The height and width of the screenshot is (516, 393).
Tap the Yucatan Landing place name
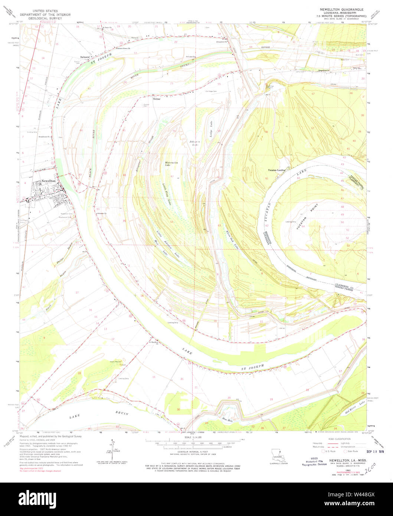pyautogui.click(x=277, y=170)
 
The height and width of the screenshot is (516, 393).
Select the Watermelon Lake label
pyautogui.click(x=171, y=163)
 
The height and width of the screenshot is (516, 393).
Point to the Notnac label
pyautogui.click(x=156, y=99)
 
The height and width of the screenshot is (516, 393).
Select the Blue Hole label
pyautogui.click(x=226, y=419)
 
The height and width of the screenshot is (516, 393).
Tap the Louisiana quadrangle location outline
pyautogui.click(x=276, y=453)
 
